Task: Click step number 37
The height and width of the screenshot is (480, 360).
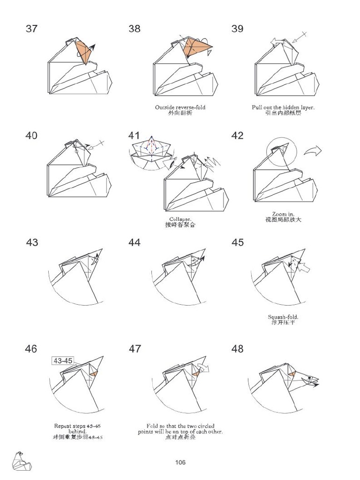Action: (x=31, y=29)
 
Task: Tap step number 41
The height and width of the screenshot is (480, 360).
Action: (x=134, y=135)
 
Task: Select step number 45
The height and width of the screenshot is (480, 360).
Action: (x=238, y=242)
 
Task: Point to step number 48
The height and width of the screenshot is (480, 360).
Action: (x=238, y=349)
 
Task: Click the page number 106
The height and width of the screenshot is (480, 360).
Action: (x=180, y=462)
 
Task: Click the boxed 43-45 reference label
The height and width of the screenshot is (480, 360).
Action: (x=63, y=361)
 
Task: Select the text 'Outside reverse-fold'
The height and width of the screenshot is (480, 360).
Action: (x=180, y=107)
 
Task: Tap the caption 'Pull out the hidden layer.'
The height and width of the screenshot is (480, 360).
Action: (x=283, y=107)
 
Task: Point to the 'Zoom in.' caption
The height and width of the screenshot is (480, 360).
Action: (x=283, y=214)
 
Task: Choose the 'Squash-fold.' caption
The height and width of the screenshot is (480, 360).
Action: (x=283, y=317)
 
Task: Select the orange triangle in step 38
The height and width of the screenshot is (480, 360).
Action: (x=195, y=47)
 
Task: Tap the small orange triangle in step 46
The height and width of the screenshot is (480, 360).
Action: (x=94, y=374)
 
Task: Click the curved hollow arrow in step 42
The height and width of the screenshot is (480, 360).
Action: (x=312, y=151)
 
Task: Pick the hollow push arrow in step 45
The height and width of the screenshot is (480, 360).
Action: (x=304, y=268)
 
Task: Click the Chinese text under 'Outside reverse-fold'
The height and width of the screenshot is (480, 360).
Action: (x=180, y=113)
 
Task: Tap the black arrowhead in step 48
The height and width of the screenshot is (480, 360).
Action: (x=316, y=385)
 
